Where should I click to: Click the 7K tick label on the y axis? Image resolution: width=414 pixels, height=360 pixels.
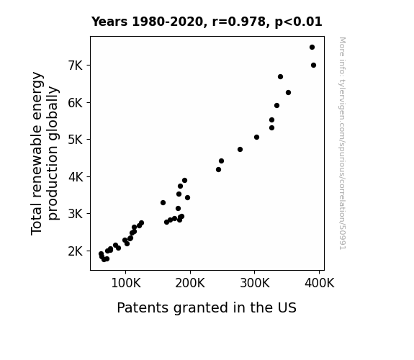(x=76, y=66)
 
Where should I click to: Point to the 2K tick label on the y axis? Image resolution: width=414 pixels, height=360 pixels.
(x=76, y=251)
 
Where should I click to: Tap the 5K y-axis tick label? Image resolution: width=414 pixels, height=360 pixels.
(x=76, y=140)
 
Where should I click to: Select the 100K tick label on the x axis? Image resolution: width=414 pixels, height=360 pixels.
(x=126, y=283)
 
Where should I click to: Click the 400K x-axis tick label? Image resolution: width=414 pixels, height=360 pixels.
(x=320, y=283)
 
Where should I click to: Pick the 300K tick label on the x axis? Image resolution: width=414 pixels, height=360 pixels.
(x=255, y=283)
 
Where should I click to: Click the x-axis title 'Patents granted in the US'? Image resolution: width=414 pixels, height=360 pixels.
(x=207, y=307)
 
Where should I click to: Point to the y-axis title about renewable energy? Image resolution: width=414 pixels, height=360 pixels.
(x=45, y=153)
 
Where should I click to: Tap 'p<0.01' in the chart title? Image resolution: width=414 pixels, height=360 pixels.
(x=298, y=22)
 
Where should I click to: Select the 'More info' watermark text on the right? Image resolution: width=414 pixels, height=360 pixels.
(x=343, y=143)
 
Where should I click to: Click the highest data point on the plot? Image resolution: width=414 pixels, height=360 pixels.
(x=312, y=48)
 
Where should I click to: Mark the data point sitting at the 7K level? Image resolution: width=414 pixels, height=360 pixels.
(x=313, y=66)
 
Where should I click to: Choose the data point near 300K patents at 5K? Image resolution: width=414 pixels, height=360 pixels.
(x=256, y=137)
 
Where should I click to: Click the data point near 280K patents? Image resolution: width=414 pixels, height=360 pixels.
(x=240, y=150)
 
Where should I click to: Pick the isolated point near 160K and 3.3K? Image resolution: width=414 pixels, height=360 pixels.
(x=163, y=202)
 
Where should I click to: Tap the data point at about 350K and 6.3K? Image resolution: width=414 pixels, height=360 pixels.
(x=288, y=92)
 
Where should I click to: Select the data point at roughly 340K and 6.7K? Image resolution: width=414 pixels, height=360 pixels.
(x=280, y=76)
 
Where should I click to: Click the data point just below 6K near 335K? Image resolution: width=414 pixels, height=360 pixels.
(x=276, y=105)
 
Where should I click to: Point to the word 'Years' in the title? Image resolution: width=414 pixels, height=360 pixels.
(x=109, y=22)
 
